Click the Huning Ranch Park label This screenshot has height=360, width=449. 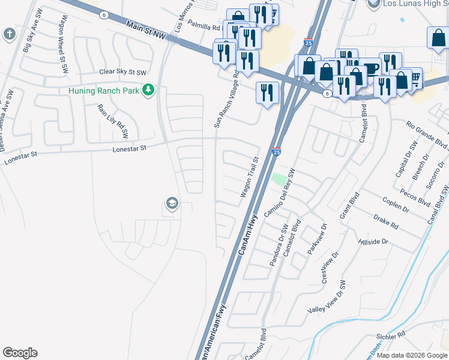click(103, 91)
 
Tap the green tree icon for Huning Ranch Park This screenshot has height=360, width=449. click(148, 91)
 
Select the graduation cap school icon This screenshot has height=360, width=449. click(172, 204)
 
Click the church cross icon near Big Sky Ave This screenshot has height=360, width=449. click(10, 34)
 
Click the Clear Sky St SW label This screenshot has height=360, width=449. click(123, 72)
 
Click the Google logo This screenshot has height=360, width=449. click(20, 353)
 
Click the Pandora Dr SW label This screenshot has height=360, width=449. click(277, 245)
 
